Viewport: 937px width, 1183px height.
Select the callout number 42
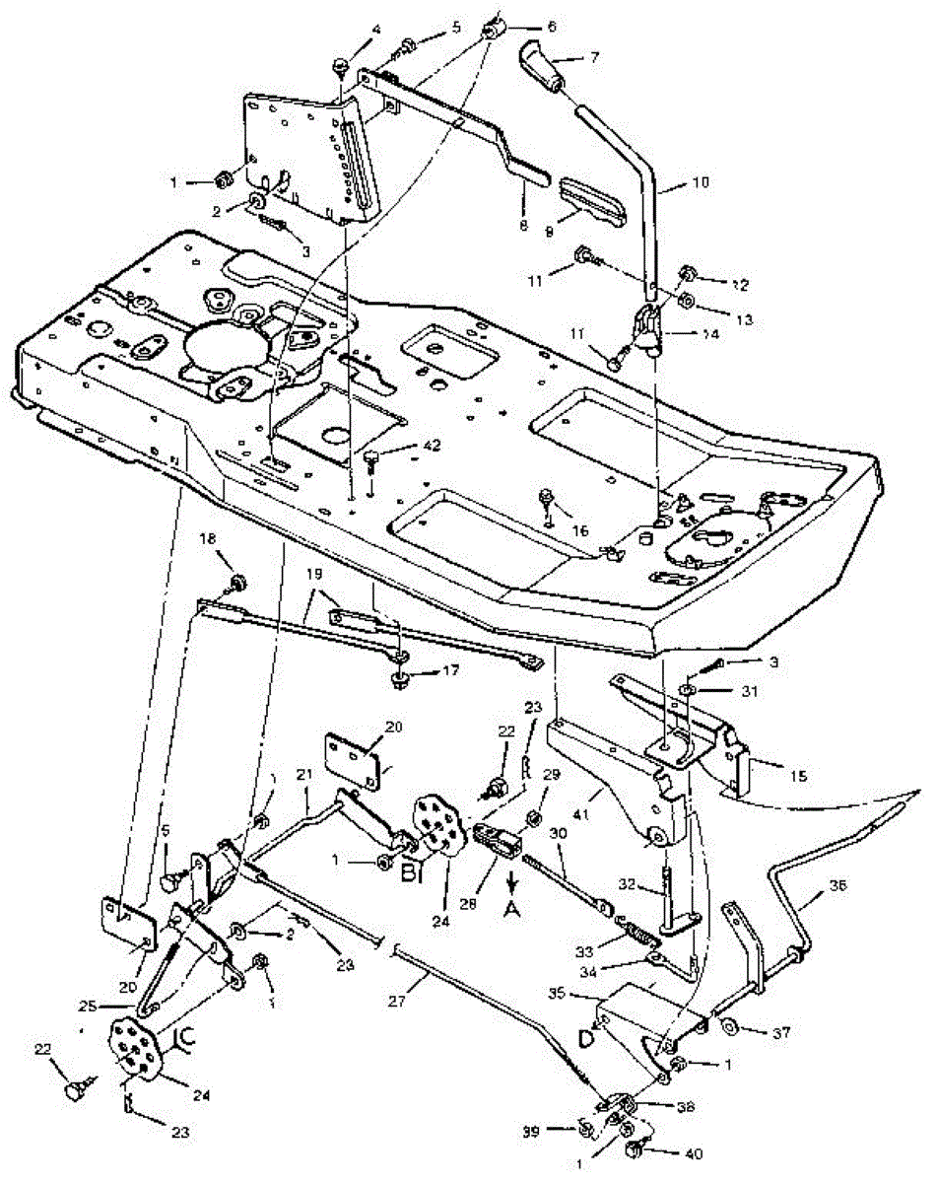(403, 447)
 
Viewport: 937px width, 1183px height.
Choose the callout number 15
(799, 776)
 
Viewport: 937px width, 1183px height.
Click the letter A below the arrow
(510, 911)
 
